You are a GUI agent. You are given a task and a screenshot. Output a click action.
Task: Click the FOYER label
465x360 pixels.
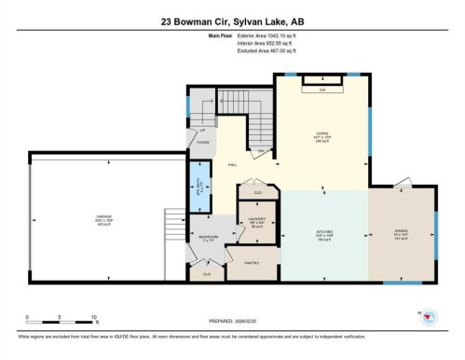[202, 143]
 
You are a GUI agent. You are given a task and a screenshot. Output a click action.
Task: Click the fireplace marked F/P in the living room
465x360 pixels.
[321, 90]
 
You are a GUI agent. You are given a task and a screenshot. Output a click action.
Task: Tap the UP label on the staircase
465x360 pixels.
[202, 131]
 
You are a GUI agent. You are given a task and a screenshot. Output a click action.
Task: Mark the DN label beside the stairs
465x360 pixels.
[261, 150]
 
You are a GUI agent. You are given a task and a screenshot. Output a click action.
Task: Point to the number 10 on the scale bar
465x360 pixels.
[94, 317]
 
